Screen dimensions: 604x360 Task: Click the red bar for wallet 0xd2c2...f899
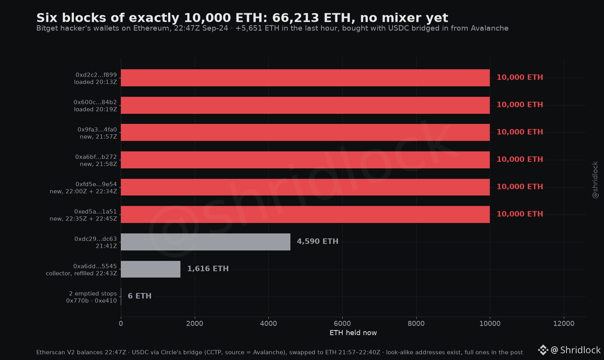(305, 78)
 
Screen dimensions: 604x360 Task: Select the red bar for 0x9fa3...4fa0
(305, 132)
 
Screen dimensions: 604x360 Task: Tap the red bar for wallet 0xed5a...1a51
(305, 214)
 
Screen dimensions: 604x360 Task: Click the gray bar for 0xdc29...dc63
(206, 242)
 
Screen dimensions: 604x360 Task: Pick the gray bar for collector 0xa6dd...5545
(151, 269)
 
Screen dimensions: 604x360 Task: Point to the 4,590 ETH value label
(317, 241)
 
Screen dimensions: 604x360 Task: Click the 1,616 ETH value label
(208, 269)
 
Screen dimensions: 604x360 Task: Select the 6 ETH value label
(139, 296)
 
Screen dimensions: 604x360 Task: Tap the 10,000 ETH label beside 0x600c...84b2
(520, 105)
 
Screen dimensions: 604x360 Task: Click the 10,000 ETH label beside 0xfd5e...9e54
(520, 187)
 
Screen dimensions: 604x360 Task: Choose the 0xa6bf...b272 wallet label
(96, 160)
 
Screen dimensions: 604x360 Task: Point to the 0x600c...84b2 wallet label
(96, 106)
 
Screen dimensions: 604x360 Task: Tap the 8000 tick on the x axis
(416, 324)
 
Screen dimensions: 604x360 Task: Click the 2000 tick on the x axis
(195, 324)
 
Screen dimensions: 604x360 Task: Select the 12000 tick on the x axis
(564, 324)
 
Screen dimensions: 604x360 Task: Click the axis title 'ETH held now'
(353, 333)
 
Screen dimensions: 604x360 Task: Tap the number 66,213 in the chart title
(295, 18)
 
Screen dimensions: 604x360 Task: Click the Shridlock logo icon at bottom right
(543, 350)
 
